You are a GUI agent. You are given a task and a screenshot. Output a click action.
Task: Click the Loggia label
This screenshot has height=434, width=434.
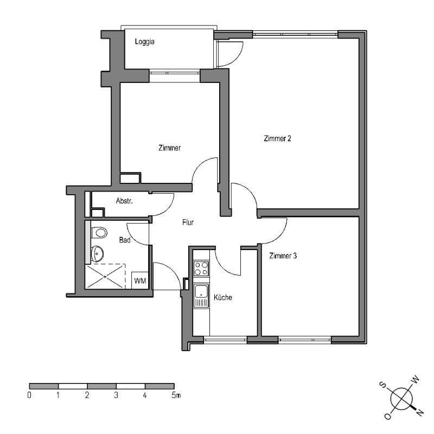tap(145, 41)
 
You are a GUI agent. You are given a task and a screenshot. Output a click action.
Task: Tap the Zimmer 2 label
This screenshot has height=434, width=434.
tap(277, 138)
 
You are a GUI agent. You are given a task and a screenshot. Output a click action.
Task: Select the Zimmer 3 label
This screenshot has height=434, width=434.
tap(283, 256)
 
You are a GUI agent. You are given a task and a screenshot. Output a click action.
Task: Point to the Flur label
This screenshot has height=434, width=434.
tap(188, 222)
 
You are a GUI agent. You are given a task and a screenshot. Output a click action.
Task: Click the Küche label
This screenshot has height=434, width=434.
tap(223, 297)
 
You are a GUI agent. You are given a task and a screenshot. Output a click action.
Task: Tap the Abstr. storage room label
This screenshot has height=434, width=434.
tap(124, 201)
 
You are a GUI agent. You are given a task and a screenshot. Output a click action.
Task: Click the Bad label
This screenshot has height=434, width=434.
tap(124, 240)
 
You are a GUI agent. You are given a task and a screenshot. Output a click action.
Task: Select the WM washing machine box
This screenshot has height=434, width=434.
tap(139, 280)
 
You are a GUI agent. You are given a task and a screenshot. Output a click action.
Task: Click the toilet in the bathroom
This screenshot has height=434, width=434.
tap(99, 233)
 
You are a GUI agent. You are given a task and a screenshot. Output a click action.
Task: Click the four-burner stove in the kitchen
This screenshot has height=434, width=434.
tap(201, 267)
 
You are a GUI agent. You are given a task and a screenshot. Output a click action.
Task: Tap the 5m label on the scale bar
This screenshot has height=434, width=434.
tap(175, 395)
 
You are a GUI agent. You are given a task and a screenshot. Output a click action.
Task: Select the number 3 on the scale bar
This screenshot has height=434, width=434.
tap(116, 395)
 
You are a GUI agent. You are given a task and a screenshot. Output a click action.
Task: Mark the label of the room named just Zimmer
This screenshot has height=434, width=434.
tap(169, 148)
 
